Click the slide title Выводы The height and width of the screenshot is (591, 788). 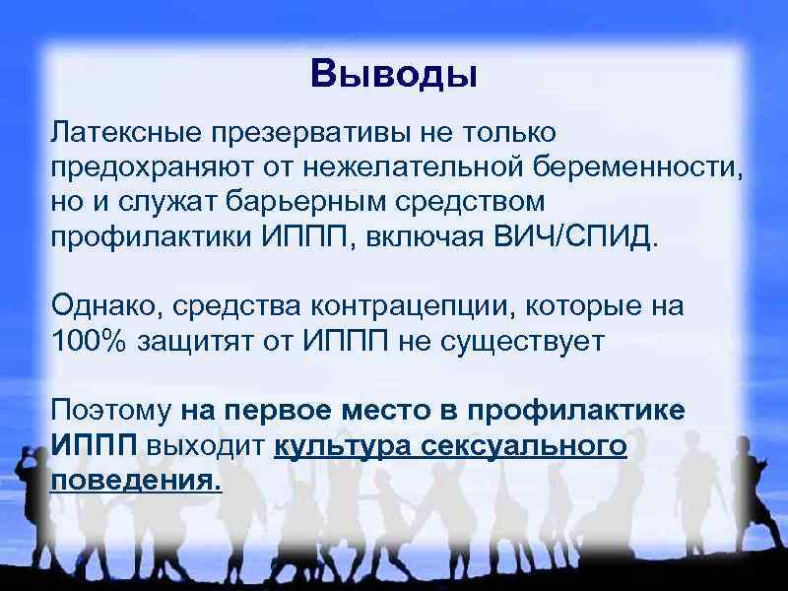[x=393, y=75]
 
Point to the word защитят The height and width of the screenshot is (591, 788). [x=206, y=341]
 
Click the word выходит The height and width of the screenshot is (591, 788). [x=206, y=445]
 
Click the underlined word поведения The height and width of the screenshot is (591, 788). [x=136, y=481]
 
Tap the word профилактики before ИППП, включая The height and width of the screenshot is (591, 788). [x=153, y=237]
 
